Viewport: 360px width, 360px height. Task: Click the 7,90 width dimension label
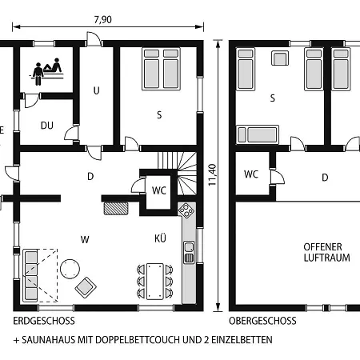pos(103,19)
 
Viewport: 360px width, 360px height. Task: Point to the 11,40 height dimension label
pos(212,175)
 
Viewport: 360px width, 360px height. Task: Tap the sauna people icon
pos(46,71)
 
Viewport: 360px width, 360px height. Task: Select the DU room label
pos(47,126)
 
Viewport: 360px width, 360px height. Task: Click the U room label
pos(96,90)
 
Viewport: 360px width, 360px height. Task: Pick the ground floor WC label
pos(159,190)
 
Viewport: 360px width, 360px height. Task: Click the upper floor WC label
pos(251,174)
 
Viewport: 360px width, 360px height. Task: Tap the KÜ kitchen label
pos(160,238)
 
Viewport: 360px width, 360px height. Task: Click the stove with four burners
pos(186,210)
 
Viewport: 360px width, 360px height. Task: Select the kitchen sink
pos(189,252)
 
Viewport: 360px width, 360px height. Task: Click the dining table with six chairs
pos(154,281)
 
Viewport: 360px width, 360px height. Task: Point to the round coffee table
pos(70,269)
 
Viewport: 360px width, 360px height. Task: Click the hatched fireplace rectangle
pos(116,208)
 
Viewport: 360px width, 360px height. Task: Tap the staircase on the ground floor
pos(177,173)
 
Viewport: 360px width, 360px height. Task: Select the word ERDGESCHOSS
pos(44,321)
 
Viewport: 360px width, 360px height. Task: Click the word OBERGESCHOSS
pos(262,321)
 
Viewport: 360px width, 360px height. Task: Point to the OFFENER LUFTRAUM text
pos(326,252)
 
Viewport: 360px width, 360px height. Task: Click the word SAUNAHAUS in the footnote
pos(49,340)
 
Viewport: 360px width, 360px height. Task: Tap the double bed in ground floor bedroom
pos(161,69)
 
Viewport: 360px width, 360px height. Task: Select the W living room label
pos(85,239)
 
